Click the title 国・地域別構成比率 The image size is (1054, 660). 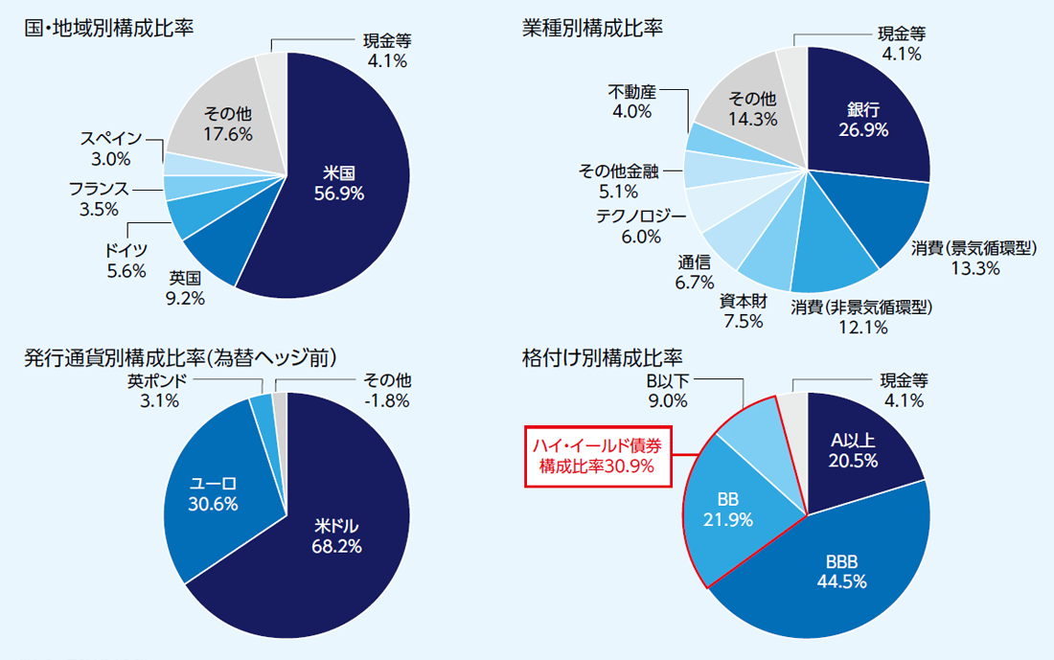108,27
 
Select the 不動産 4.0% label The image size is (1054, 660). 631,102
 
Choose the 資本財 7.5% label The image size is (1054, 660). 744,311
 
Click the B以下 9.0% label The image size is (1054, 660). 667,391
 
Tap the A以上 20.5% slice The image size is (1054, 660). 854,448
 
